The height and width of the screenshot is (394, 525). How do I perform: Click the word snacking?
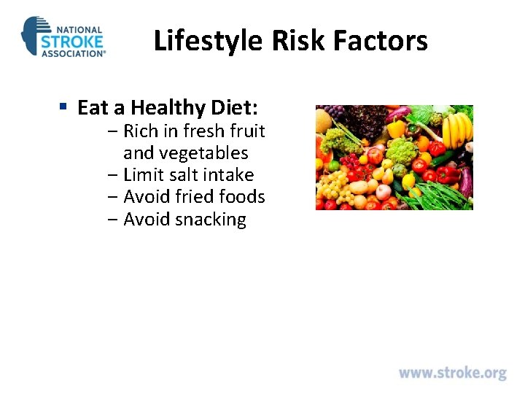pos(211,219)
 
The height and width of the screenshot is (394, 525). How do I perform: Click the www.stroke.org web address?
pos(452,373)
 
